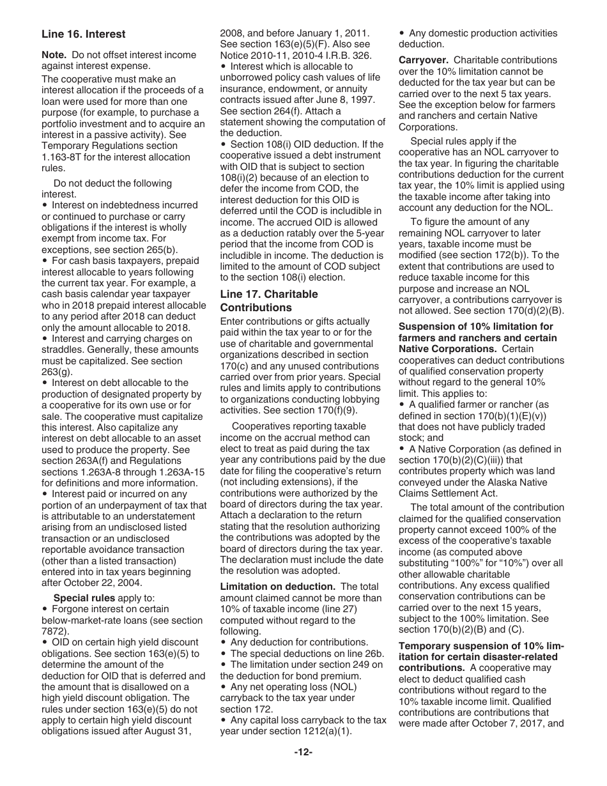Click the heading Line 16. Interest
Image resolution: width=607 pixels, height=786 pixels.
tap(83, 34)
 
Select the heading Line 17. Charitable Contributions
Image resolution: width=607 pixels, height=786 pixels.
tap(268, 301)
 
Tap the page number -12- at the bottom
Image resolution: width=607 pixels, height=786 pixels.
tap(303, 752)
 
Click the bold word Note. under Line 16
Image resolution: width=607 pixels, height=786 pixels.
tap(54, 55)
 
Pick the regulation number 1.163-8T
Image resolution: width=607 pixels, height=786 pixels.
tap(65, 157)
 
